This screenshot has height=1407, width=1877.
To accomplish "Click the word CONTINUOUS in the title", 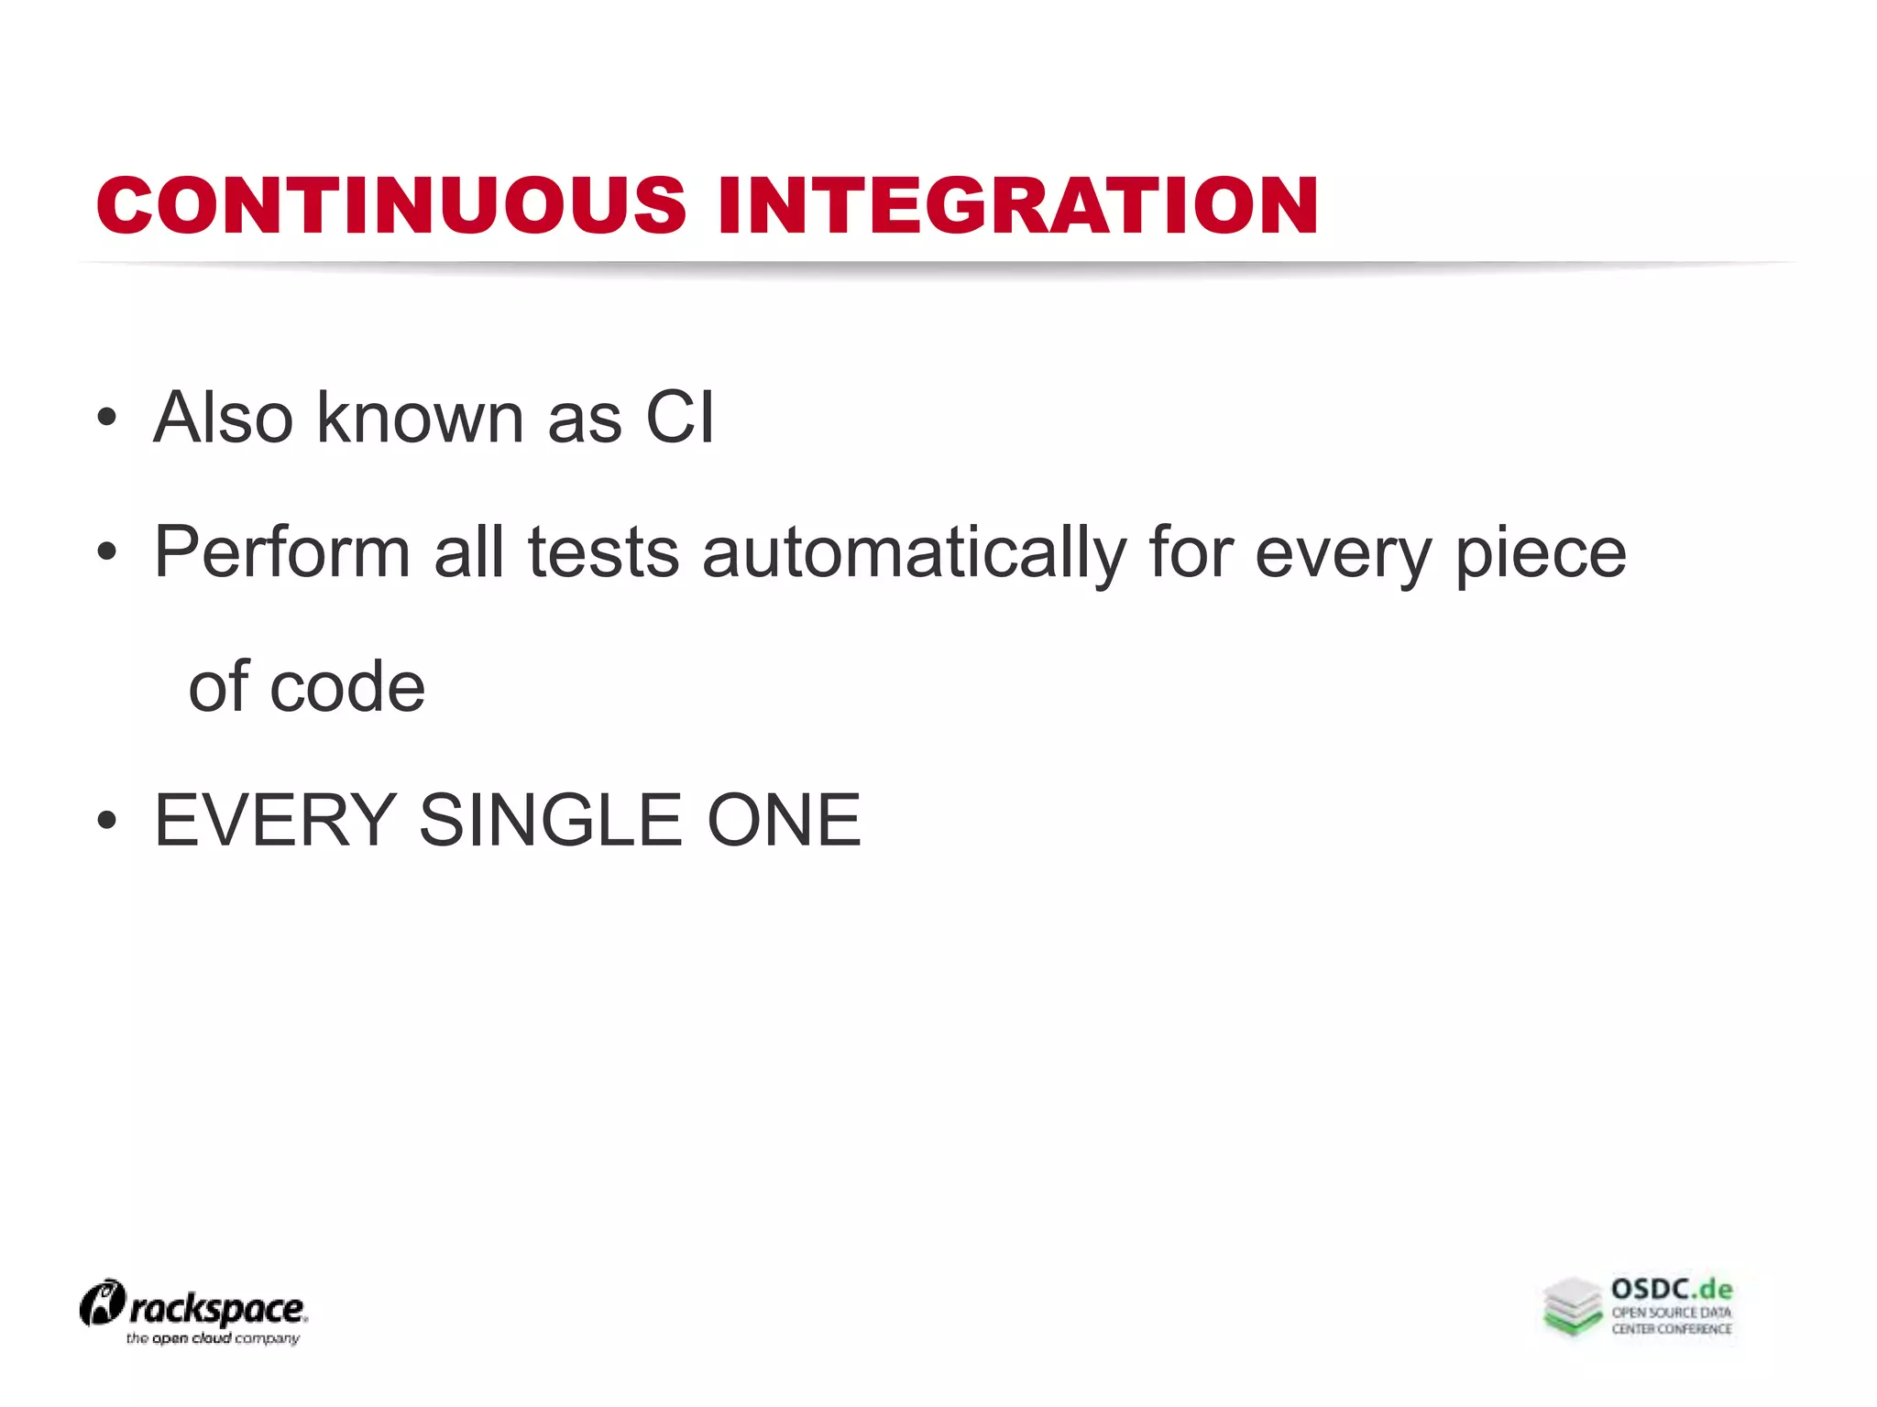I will (x=391, y=205).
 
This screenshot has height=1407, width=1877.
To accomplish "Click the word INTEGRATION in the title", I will (x=1017, y=205).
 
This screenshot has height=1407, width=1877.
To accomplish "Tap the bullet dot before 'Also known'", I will (x=107, y=419).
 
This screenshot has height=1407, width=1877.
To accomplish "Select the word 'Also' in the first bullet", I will (x=223, y=418).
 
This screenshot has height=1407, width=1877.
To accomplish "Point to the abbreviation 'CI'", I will (x=679, y=418).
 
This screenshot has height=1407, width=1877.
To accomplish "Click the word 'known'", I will (x=421, y=418).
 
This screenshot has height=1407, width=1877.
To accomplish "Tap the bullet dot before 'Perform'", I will (x=107, y=552).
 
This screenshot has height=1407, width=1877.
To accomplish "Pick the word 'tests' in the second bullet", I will (x=603, y=552).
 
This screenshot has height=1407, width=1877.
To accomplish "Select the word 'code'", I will (x=347, y=687).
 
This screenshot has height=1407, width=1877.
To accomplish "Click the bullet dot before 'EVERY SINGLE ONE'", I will (x=107, y=820).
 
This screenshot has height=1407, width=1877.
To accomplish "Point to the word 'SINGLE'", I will (x=550, y=820).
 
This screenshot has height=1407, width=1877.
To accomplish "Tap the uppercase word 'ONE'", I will (x=784, y=820).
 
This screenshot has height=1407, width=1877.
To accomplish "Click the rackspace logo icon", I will (x=102, y=1303).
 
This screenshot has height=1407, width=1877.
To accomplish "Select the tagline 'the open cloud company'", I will (x=213, y=1339).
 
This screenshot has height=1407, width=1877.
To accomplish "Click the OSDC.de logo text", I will (x=1672, y=1290).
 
